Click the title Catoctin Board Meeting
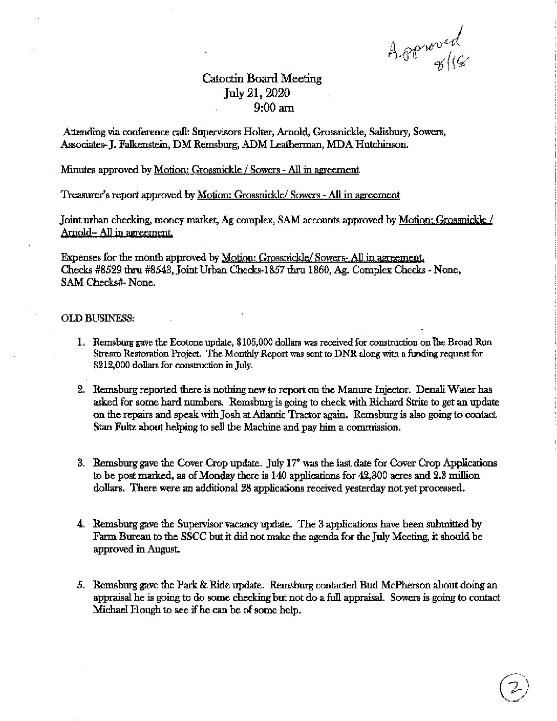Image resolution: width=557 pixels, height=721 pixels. [262, 78]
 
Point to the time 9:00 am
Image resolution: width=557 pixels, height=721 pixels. [273, 108]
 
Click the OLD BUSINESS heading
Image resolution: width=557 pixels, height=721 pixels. [98, 318]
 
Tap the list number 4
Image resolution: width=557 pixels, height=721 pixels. [81, 524]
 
